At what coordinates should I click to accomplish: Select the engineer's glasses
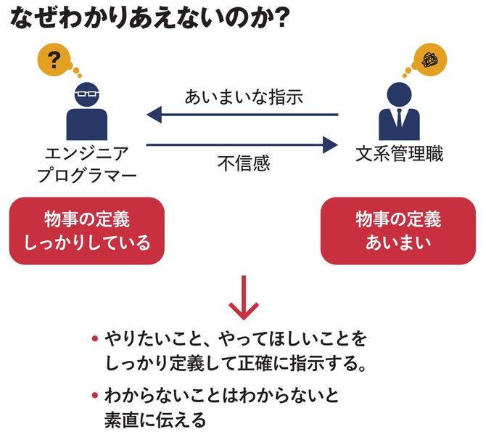pyautogui.click(x=87, y=94)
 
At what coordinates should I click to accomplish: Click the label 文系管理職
pyautogui.click(x=399, y=154)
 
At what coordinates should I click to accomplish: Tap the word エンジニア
pyautogui.click(x=87, y=154)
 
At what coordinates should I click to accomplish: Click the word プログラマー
pyautogui.click(x=87, y=176)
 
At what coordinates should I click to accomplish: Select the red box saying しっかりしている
pyautogui.click(x=87, y=230)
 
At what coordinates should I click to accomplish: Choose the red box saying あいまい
pyautogui.click(x=398, y=230)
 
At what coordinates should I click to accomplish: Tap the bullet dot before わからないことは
pyautogui.click(x=94, y=396)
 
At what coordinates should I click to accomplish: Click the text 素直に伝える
pyautogui.click(x=155, y=419)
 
